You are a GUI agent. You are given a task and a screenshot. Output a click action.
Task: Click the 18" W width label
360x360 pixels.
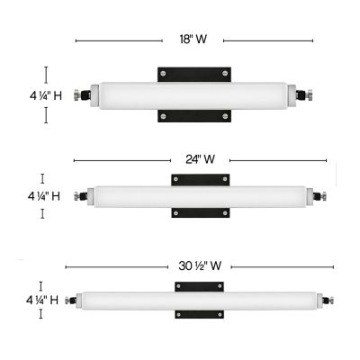tap(193, 40)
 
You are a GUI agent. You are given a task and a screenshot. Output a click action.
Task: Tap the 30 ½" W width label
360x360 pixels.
tap(200, 266)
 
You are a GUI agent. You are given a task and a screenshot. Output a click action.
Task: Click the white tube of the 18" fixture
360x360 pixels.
tap(193, 94)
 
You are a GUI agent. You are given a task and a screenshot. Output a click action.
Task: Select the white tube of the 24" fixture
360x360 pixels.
tap(200, 195)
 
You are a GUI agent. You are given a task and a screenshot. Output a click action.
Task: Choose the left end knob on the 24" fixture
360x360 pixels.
tap(84, 195)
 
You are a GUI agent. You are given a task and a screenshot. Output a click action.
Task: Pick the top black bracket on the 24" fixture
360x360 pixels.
tap(202, 179)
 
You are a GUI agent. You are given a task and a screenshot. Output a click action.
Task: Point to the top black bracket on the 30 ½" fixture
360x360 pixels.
tap(200, 286)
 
